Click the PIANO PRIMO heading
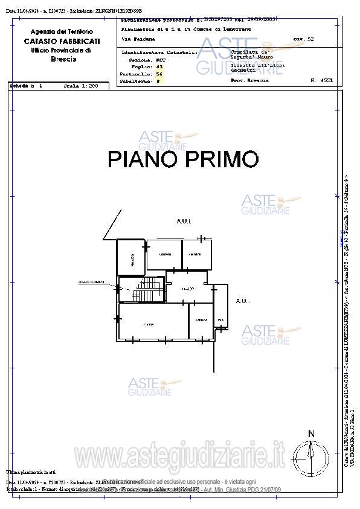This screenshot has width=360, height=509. tap(183, 159)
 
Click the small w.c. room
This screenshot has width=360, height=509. tap(221, 319)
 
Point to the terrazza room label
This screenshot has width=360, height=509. tap(131, 260)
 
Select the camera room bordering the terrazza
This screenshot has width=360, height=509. tap(164, 254)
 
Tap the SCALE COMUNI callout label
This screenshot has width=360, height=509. tap(91, 282)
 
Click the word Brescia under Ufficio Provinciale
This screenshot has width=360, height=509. tap(63, 59)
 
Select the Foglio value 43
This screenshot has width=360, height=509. tap(159, 66)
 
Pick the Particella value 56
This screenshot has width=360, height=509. tap(159, 73)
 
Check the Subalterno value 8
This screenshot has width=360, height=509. tap(158, 80)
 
